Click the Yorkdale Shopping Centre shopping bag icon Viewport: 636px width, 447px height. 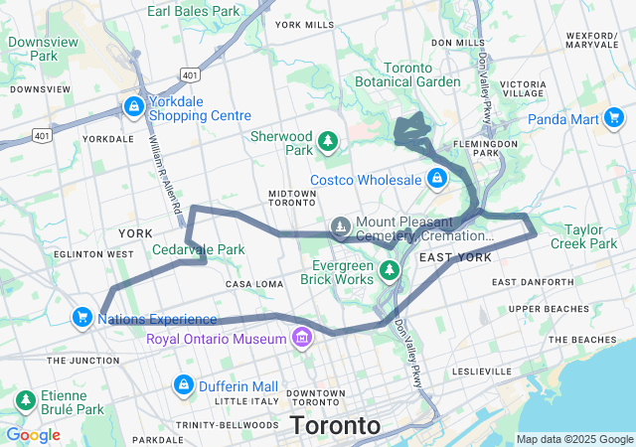pyautogui.click(x=133, y=105)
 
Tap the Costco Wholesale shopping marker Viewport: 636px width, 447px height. pyautogui.click(x=435, y=179)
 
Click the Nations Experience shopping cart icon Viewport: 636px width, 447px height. pyautogui.click(x=82, y=318)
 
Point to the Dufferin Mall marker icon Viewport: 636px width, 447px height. pyautogui.click(x=183, y=383)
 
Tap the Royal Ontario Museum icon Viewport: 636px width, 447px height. pyautogui.click(x=301, y=340)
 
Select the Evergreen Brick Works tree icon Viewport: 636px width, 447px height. pyautogui.click(x=391, y=269)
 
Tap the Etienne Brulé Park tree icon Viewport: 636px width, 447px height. pyautogui.click(x=23, y=400)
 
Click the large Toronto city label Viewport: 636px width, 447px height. pyautogui.click(x=335, y=426)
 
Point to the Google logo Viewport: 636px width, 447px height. pyautogui.click(x=33, y=435)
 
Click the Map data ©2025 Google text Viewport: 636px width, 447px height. pyautogui.click(x=573, y=439)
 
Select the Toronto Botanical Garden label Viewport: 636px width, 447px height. pyautogui.click(x=421, y=74)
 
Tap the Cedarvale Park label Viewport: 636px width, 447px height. pyautogui.click(x=198, y=249)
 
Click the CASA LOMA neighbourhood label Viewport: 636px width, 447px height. pyautogui.click(x=255, y=284)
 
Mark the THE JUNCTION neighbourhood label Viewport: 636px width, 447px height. pyautogui.click(x=82, y=360)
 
